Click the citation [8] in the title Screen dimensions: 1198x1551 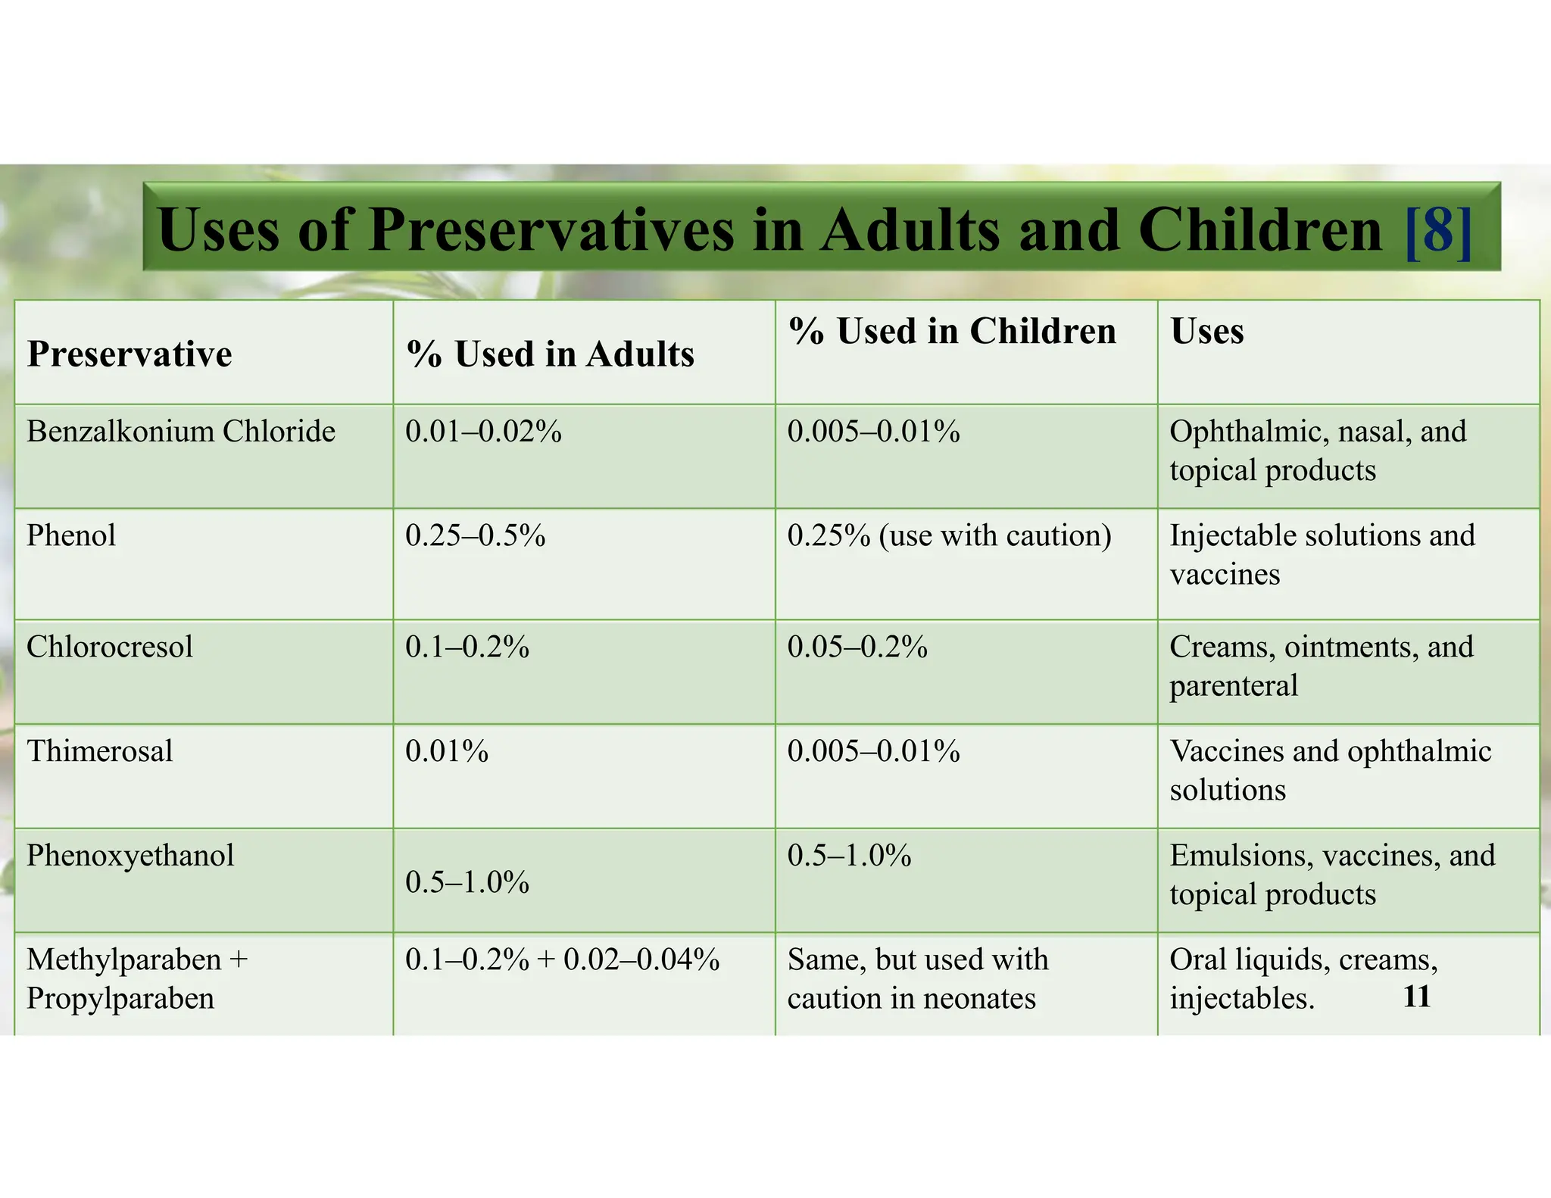tap(1438, 229)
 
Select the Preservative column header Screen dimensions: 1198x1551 tap(130, 354)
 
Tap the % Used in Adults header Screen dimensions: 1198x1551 tap(551, 354)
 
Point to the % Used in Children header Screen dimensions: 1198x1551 tap(952, 331)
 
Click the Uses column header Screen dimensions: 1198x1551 tap(1207, 331)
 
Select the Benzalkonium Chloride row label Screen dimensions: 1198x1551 tap(181, 431)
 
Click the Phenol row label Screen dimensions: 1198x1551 tap(71, 535)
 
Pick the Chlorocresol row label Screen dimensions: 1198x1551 tap(110, 647)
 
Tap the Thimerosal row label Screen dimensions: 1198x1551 tap(100, 751)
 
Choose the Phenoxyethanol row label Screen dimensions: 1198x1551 tap(130, 855)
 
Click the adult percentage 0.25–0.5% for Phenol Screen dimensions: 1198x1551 tap(476, 535)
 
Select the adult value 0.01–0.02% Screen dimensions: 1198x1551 tap(484, 431)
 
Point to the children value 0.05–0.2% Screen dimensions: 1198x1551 tap(857, 647)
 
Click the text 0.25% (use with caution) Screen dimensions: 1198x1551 tap(950, 535)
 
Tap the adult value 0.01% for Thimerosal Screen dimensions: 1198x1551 tap(447, 751)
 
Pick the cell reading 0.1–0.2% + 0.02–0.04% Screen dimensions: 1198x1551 tap(563, 959)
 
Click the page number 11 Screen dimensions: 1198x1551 tap(1416, 997)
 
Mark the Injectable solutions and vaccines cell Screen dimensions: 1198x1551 tap(1322, 554)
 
